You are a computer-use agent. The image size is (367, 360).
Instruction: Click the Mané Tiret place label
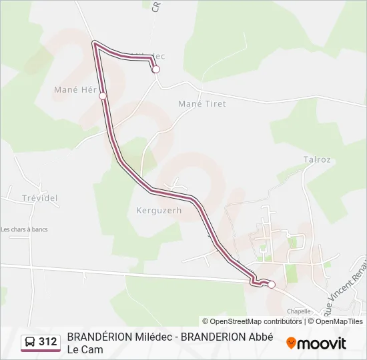[x=202, y=104]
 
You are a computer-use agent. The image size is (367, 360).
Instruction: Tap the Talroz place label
[x=317, y=160]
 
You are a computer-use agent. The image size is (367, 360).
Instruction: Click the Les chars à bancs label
[x=25, y=230]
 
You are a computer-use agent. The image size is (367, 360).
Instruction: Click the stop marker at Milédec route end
[x=156, y=69]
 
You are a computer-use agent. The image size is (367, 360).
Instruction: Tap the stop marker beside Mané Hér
[x=103, y=96]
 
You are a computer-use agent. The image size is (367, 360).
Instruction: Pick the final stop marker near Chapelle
[x=272, y=285]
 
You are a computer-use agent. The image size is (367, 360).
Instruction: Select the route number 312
[x=47, y=342]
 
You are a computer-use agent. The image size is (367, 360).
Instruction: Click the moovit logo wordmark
[x=321, y=343]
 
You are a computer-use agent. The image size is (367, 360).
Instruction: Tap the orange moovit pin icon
[x=291, y=343]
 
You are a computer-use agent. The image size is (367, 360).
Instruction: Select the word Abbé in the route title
[x=262, y=337]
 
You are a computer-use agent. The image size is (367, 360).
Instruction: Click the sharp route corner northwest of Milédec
[x=95, y=43]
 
